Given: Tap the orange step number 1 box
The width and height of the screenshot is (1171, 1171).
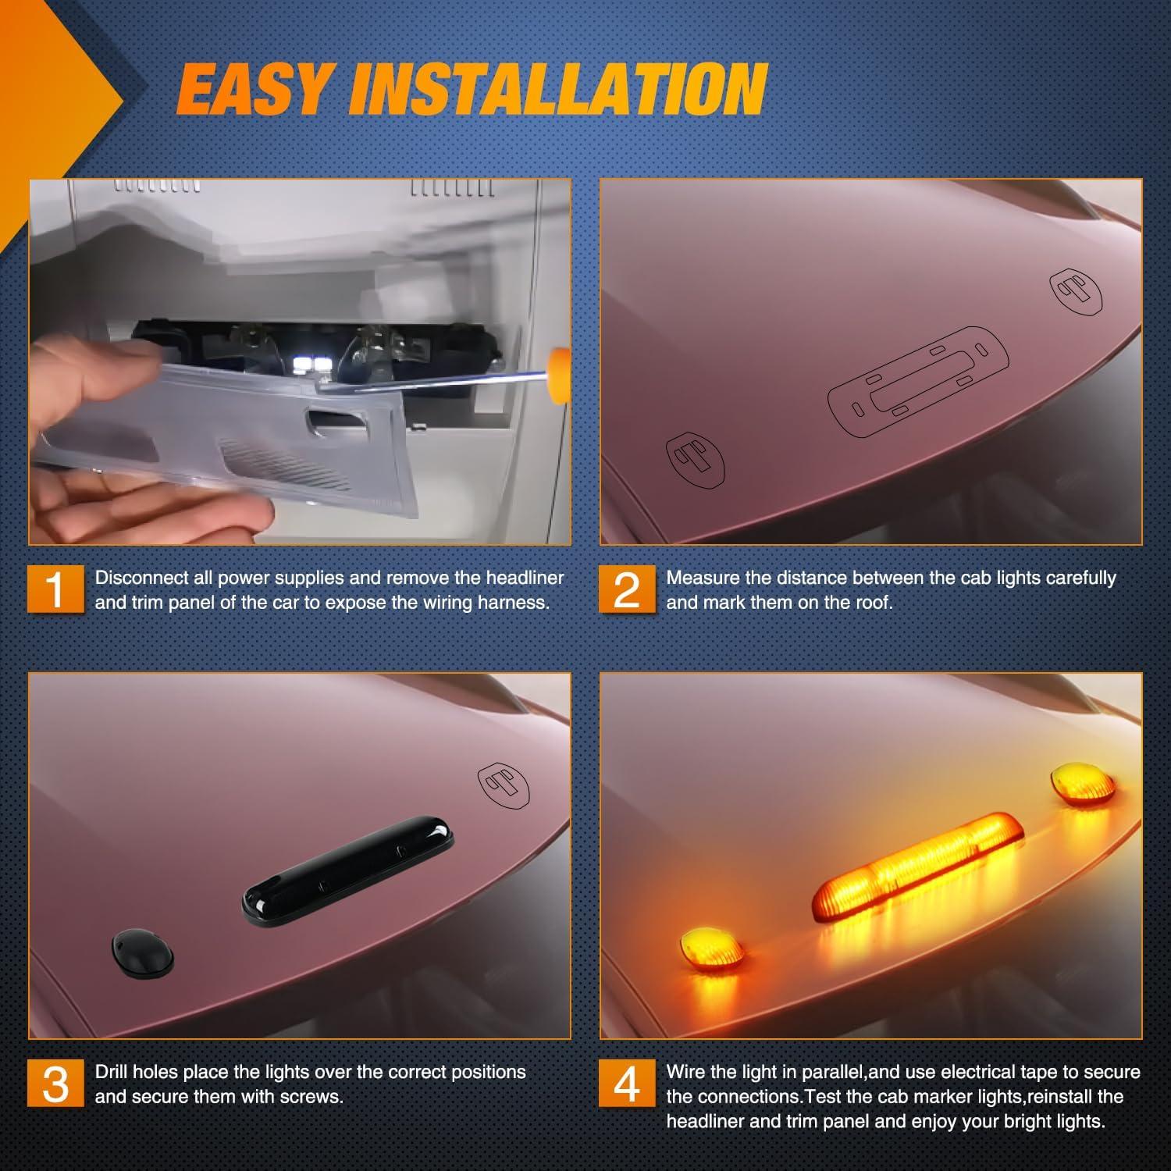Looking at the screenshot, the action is pyautogui.click(x=55, y=589).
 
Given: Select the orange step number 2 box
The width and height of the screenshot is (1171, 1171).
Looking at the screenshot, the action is pyautogui.click(x=627, y=589).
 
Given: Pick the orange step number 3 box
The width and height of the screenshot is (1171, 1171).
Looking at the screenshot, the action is pyautogui.click(x=55, y=1083).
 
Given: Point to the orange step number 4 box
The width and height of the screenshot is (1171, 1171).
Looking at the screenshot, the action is pyautogui.click(x=627, y=1083).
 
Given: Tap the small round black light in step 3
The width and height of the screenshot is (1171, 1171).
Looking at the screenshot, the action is pyautogui.click(x=142, y=952).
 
